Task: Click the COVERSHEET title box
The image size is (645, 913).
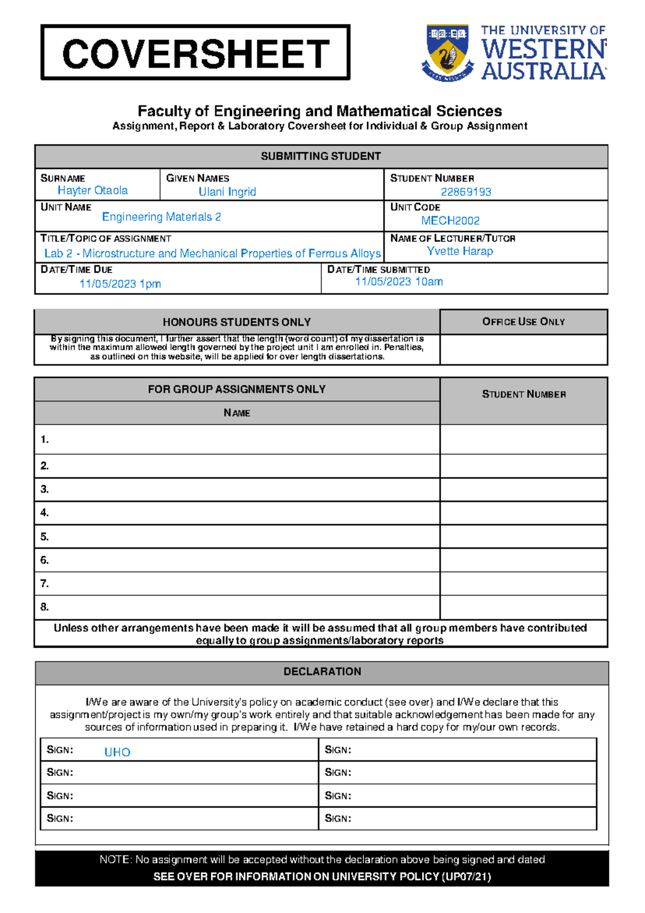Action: [195, 53]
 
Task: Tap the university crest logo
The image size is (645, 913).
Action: [447, 52]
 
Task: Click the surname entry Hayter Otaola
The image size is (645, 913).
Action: [92, 190]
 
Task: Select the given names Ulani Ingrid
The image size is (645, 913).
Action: [227, 192]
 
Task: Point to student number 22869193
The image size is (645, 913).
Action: [465, 192]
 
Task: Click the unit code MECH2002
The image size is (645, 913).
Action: [450, 221]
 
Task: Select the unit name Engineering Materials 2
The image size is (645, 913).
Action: [161, 217]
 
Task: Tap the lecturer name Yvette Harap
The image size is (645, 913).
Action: [460, 251]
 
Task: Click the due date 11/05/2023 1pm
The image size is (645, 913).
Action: [120, 284]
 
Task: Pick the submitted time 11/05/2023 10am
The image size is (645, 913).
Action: [399, 281]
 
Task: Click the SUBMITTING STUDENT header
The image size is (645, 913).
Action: [321, 156]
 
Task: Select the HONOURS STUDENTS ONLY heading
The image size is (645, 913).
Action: [236, 322]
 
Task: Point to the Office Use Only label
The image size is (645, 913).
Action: [524, 321]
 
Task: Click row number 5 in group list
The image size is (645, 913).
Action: [45, 536]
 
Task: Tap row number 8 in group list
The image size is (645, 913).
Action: [45, 607]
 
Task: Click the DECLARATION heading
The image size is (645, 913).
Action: [322, 671]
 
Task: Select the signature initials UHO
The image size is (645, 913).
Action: [117, 752]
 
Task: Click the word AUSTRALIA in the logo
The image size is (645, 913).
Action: [543, 71]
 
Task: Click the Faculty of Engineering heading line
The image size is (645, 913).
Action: [320, 111]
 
